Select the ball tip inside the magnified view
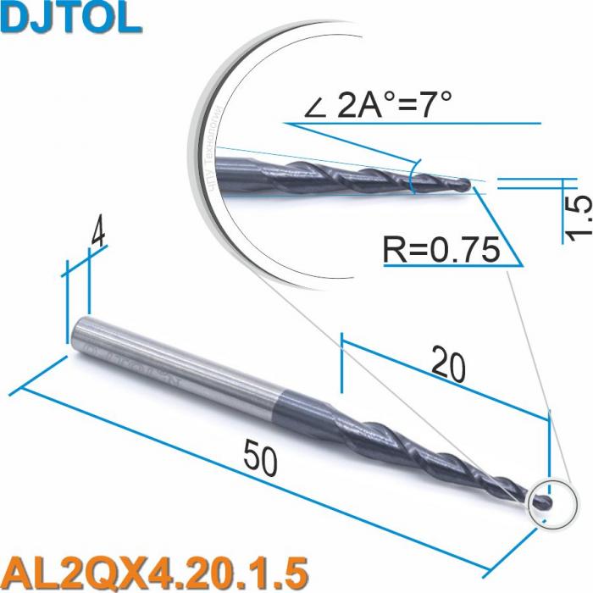(465, 182)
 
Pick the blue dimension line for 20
(445, 380)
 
